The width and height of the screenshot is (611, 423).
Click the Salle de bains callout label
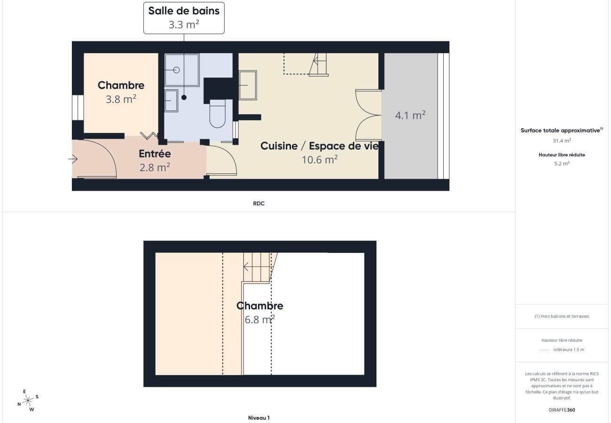184,18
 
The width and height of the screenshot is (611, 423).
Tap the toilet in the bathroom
218,114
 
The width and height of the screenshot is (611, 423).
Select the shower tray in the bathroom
182,70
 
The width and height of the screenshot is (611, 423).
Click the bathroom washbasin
171,101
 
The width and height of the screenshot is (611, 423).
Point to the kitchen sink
248,85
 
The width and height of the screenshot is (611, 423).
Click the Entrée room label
155,154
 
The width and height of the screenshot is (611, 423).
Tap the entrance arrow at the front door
73,159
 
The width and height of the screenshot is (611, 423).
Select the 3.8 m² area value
121,99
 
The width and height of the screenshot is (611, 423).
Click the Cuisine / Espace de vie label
320,146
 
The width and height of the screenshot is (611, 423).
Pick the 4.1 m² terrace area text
410,115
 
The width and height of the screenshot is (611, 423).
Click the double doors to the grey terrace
368,115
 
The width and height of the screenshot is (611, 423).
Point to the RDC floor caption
258,204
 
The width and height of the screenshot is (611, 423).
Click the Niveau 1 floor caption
258,418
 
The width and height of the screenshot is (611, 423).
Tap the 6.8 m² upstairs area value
259,320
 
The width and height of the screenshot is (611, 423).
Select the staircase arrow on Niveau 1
246,267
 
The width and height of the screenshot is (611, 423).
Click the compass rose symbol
28,400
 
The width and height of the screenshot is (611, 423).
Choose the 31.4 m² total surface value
562,141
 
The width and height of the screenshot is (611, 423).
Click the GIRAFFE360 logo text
562,410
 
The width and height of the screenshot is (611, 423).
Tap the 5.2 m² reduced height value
562,164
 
